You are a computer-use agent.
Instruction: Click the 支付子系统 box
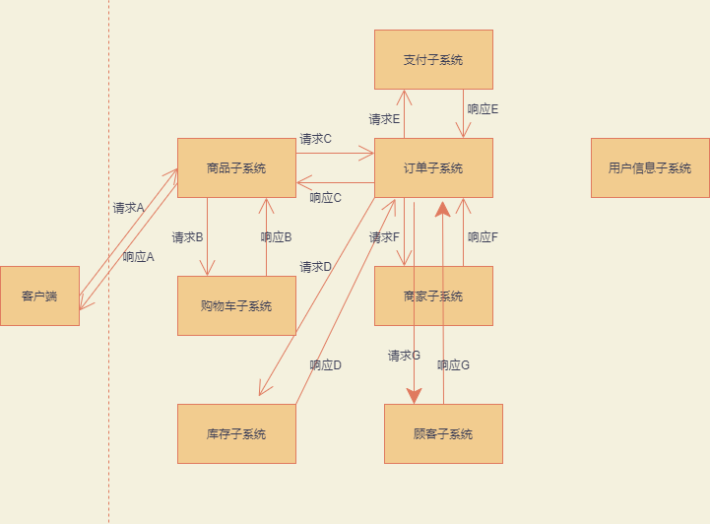pyautogui.click(x=433, y=59)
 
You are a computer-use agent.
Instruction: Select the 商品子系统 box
pyautogui.click(x=236, y=167)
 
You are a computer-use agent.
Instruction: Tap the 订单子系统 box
pyautogui.click(x=433, y=167)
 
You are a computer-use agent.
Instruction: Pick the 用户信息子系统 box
pyautogui.click(x=650, y=167)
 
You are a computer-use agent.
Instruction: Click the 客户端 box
pyautogui.click(x=39, y=295)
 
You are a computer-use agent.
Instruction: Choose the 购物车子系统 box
pyautogui.click(x=236, y=305)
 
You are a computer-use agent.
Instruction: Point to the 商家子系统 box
pyautogui.click(x=433, y=295)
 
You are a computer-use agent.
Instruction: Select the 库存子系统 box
pyautogui.click(x=236, y=433)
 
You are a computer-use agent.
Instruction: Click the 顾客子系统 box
pyautogui.click(x=443, y=433)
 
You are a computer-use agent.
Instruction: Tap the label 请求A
pyautogui.click(x=128, y=208)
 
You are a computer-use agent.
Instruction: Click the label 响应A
pyautogui.click(x=138, y=257)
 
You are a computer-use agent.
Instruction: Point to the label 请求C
pyautogui.click(x=315, y=139)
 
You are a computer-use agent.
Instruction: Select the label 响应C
pyautogui.click(x=325, y=198)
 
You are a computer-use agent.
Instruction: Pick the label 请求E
pyautogui.click(x=384, y=119)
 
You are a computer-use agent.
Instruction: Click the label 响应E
pyautogui.click(x=483, y=109)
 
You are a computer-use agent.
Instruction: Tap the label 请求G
pyautogui.click(x=404, y=356)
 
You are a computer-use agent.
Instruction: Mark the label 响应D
pyautogui.click(x=325, y=365)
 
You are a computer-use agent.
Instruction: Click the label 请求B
pyautogui.click(x=187, y=237)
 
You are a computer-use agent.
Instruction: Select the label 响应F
pyautogui.click(x=483, y=237)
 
